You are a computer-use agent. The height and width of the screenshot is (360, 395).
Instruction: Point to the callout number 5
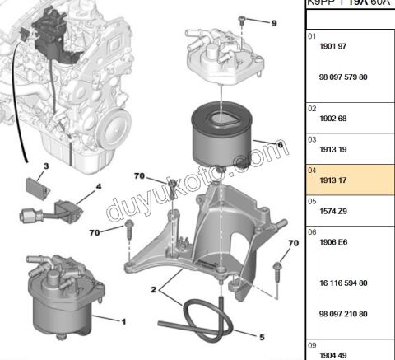pos(262,336)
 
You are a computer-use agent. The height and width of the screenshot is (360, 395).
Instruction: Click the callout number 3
pos(46,167)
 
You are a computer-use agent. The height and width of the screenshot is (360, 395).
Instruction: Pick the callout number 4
pos(99,186)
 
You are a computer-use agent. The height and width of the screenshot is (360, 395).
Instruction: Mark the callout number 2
pos(153,289)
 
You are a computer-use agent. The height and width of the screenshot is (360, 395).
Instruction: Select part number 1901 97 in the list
pos(330,46)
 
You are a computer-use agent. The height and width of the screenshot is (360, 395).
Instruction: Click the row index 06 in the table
pos(311,233)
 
